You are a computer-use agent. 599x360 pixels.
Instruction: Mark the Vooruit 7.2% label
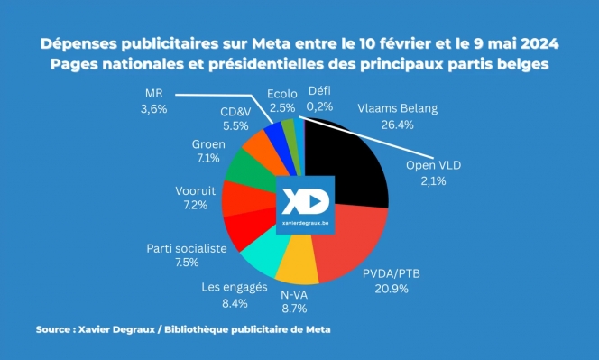[195, 198]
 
